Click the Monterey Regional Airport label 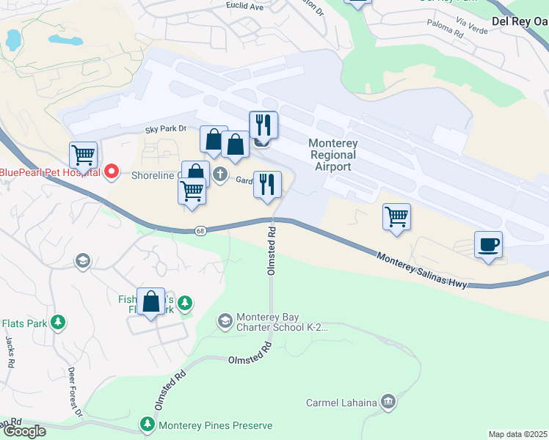pyautogui.click(x=332, y=155)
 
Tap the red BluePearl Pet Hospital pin pyautogui.click(x=112, y=172)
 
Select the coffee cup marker pyautogui.click(x=489, y=244)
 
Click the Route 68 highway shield pyautogui.click(x=200, y=231)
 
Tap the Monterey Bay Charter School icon pyautogui.click(x=225, y=320)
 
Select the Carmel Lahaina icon pyautogui.click(x=388, y=402)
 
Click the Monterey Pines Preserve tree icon pyautogui.click(x=148, y=425)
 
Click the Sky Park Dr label pyautogui.click(x=166, y=129)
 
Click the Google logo pyautogui.click(x=23, y=431)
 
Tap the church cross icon pyautogui.click(x=220, y=175)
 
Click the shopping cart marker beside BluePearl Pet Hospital pyautogui.click(x=83, y=155)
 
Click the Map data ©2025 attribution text pyautogui.click(x=517, y=434)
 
